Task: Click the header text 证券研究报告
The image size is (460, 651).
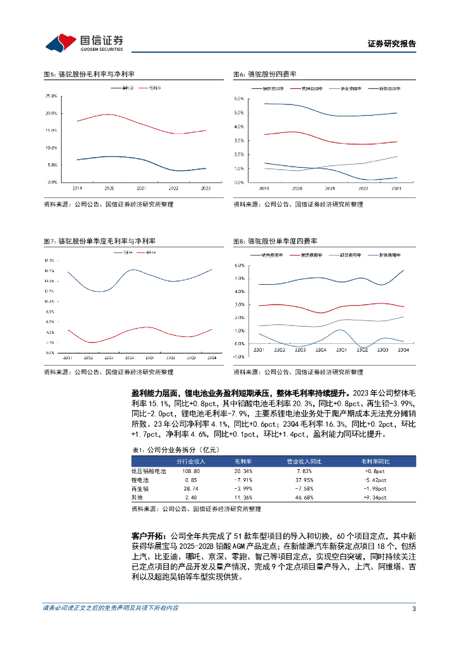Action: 391,44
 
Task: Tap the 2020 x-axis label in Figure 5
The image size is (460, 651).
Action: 109,189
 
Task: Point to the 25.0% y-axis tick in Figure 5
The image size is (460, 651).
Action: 52,96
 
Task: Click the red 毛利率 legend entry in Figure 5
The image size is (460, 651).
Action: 154,87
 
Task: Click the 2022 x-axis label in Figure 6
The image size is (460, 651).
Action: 363,189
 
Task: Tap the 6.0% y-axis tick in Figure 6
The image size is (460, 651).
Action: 240,99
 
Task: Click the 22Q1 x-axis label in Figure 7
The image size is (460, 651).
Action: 67,358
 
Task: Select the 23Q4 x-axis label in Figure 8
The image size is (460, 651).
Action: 403,350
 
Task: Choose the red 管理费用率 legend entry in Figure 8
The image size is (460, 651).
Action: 304,255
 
